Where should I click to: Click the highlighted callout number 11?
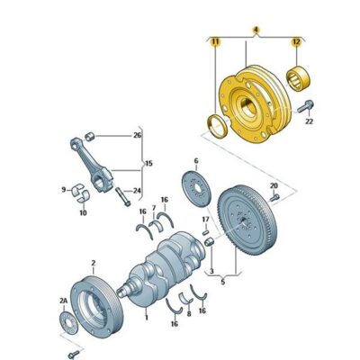click(x=215, y=42)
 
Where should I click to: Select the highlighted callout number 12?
click(x=296, y=42)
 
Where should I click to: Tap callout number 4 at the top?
click(x=256, y=30)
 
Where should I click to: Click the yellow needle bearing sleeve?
click(x=298, y=77)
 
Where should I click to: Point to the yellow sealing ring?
click(x=216, y=126)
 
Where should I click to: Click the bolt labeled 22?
click(x=306, y=106)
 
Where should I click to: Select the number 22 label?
click(x=309, y=121)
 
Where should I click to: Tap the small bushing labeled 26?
click(x=90, y=136)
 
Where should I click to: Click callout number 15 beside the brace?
click(x=148, y=164)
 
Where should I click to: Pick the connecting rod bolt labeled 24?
click(x=123, y=197)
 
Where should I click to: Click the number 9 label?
click(x=64, y=190)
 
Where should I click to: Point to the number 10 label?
click(x=83, y=212)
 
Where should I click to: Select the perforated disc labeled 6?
click(x=197, y=188)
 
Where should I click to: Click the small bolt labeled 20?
click(x=274, y=197)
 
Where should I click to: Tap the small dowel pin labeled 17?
click(x=206, y=232)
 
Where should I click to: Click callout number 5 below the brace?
click(x=222, y=282)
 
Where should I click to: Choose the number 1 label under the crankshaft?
click(x=147, y=317)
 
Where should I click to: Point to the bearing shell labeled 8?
click(x=185, y=297)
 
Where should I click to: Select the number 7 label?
click(x=154, y=208)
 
